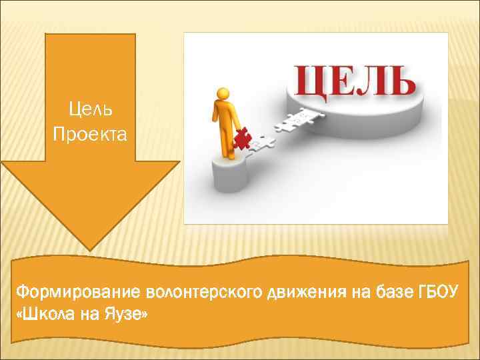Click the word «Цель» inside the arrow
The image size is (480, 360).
(91, 108)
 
